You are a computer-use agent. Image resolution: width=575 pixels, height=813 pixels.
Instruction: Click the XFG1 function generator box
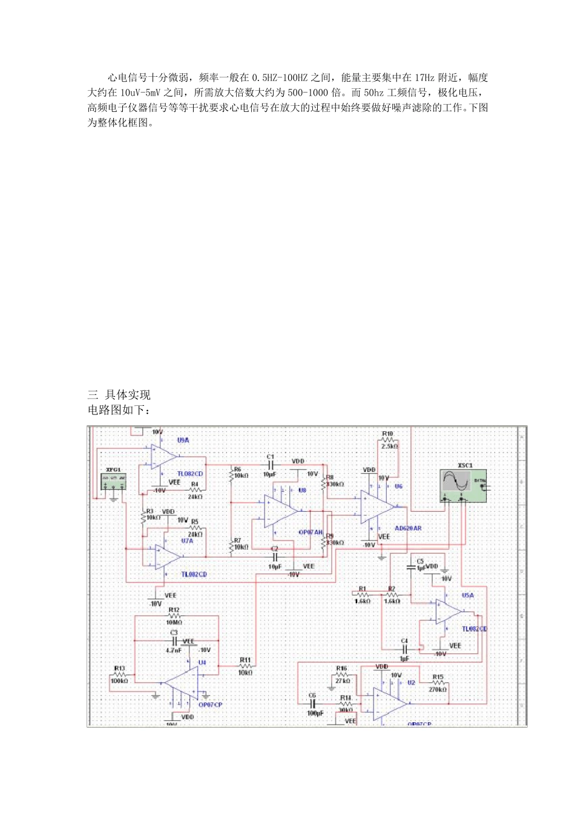tap(113, 482)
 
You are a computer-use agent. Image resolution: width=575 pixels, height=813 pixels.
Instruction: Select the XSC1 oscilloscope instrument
tap(463, 486)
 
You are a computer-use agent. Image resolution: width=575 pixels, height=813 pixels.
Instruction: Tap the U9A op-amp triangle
tap(163, 457)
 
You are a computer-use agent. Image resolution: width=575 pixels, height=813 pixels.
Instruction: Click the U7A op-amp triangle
tap(166, 557)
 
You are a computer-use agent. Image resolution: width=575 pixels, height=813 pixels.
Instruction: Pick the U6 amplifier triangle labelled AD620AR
tap(376, 507)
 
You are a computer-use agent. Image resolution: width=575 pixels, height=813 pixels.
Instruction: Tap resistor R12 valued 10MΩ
tap(174, 616)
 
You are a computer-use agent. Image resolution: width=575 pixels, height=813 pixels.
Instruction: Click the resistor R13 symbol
tap(119, 674)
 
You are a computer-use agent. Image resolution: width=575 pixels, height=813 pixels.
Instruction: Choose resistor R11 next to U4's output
tap(245, 666)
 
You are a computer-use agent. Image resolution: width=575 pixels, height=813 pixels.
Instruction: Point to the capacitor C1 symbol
tap(271, 465)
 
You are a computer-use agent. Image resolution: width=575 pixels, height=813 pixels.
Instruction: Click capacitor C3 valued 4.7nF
tap(174, 640)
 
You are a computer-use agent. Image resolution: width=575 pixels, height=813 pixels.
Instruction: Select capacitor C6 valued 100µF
tap(313, 704)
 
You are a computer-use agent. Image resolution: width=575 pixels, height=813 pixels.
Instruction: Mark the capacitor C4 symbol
tap(404, 649)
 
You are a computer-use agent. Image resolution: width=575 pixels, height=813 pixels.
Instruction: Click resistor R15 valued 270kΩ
tap(438, 683)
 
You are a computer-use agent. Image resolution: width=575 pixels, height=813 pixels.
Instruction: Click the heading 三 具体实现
tap(119, 395)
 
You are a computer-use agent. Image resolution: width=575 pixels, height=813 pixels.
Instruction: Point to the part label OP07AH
tap(310, 532)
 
